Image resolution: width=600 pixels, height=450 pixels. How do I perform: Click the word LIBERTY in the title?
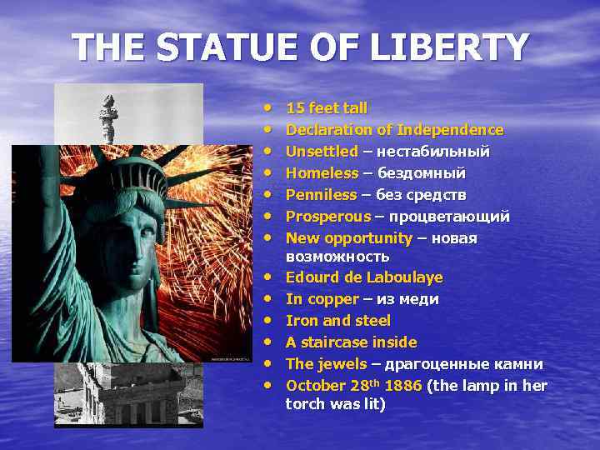point(450,47)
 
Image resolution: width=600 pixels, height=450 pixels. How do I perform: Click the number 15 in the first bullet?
point(294,108)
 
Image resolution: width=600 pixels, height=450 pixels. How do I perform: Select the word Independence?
point(450,130)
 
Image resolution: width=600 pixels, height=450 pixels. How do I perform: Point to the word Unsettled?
point(322,152)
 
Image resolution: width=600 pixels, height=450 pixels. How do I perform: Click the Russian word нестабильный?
point(433,152)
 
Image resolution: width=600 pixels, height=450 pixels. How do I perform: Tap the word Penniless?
point(322,195)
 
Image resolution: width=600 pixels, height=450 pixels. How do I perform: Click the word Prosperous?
point(328,217)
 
